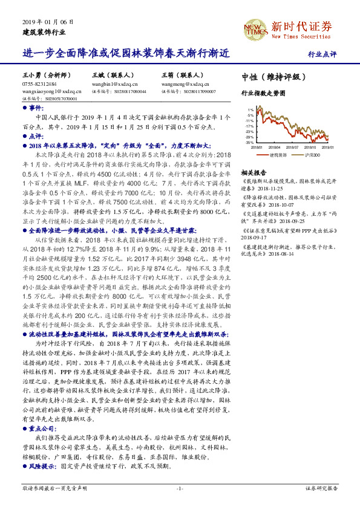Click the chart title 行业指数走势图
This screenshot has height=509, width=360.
(x=263, y=93)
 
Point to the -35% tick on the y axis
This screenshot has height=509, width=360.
(x=250, y=142)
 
